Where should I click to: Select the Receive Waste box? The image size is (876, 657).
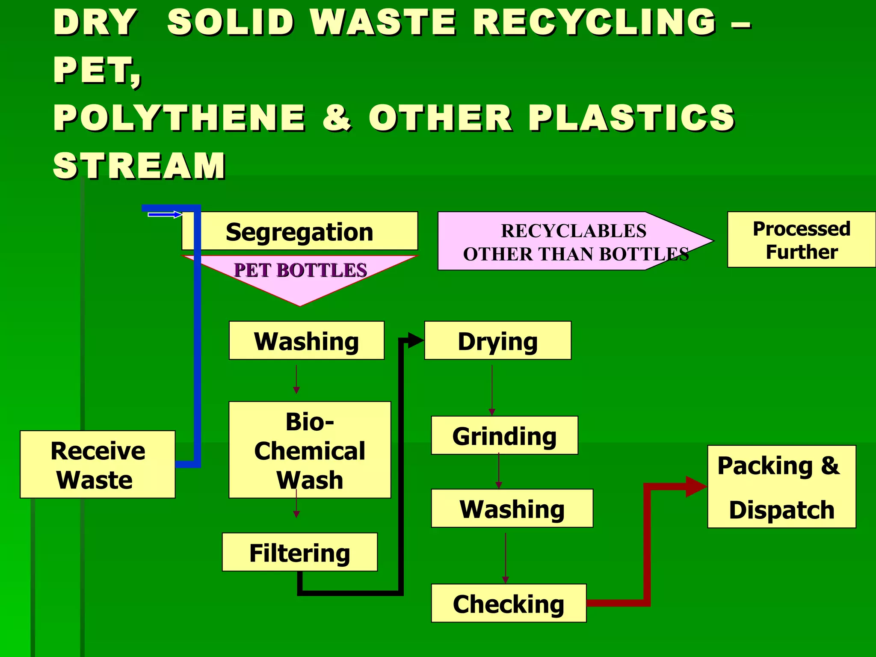coord(98,465)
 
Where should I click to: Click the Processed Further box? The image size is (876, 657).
coord(801,240)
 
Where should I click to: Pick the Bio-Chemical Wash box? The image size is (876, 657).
coord(310,450)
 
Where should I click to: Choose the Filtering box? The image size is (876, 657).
coord(299,552)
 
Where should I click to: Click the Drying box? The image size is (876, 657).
coord(497,341)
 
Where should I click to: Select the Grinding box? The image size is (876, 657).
coord(504,435)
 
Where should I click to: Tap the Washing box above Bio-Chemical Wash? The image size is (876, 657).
coord(306,341)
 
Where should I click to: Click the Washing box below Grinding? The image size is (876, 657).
coord(512,509)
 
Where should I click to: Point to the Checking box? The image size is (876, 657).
coord(509,603)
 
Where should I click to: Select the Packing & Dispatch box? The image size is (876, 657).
coord(781,487)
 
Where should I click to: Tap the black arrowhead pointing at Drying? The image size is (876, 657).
coord(415,340)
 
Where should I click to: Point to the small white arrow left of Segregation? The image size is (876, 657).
coord(165,214)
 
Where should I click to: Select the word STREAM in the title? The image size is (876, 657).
coord(139,166)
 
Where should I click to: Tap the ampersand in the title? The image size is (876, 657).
coord(337,118)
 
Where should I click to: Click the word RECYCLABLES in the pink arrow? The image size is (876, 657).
coord(574,231)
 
